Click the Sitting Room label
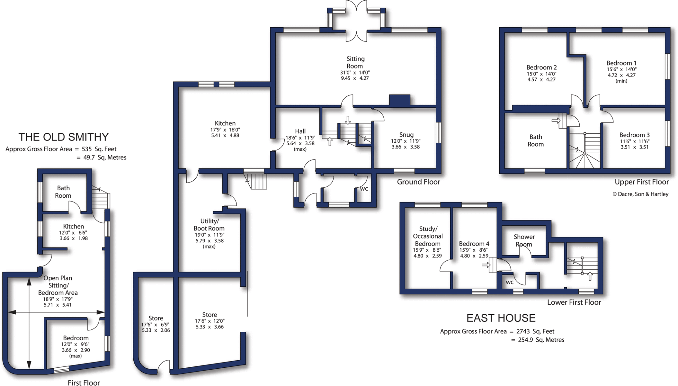click(355, 62)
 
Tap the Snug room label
click(406, 135)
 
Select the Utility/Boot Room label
click(209, 225)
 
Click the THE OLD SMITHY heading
click(63, 137)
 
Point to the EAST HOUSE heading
click(501, 318)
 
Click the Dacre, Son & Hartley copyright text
click(640, 194)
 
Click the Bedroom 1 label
click(621, 63)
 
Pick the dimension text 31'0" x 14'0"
click(355, 72)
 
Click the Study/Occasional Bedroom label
click(428, 236)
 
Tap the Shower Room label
click(524, 241)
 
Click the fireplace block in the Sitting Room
click(400, 100)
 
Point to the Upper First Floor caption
click(642, 182)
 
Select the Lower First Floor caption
click(574, 302)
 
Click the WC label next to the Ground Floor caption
click(364, 189)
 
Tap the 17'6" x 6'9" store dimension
click(156, 325)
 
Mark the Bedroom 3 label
click(634, 135)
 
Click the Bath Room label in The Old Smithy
click(63, 192)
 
